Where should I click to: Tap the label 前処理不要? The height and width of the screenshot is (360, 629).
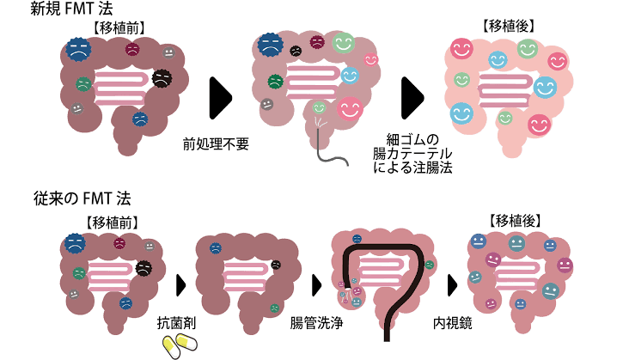tap(216, 143)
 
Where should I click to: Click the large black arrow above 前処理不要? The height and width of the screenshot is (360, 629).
tap(221, 99)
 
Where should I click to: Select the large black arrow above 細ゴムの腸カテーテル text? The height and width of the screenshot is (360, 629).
tap(413, 99)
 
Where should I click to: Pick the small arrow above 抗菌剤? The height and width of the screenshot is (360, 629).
tap(180, 284)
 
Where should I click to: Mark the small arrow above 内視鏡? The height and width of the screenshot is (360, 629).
tap(452, 284)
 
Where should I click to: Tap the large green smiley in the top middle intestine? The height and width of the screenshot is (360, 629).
tap(344, 43)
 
